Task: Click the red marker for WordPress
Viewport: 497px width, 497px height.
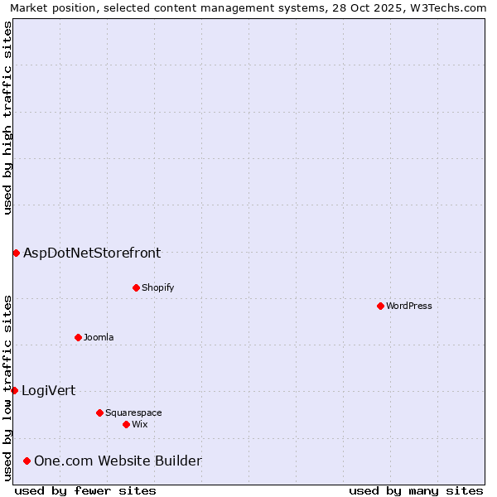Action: pos(380,306)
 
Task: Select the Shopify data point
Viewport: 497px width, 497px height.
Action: pos(136,287)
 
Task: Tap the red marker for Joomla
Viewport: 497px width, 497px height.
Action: pos(78,337)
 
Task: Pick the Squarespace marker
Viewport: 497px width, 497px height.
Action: pos(99,413)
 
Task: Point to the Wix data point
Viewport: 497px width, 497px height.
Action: pos(126,424)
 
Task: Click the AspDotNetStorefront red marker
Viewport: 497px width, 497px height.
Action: pos(16,253)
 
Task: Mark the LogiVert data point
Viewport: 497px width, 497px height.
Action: pos(14,390)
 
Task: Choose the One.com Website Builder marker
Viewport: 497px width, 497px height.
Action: pos(27,461)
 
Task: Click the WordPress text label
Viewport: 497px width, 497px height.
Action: pos(409,306)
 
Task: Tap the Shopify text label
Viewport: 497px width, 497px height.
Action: pos(157,287)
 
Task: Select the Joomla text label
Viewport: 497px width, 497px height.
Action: pos(99,337)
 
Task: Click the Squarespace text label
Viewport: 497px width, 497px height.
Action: pos(133,413)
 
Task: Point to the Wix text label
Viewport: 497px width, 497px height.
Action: pos(139,424)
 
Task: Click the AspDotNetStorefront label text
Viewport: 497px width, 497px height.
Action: pos(92,253)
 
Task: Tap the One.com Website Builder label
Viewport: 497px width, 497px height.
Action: pos(118,461)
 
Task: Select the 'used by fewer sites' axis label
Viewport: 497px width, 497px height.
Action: pos(85,490)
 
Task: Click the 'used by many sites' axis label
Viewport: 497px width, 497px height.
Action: pos(416,490)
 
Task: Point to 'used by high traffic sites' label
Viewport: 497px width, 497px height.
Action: pos(7,118)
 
